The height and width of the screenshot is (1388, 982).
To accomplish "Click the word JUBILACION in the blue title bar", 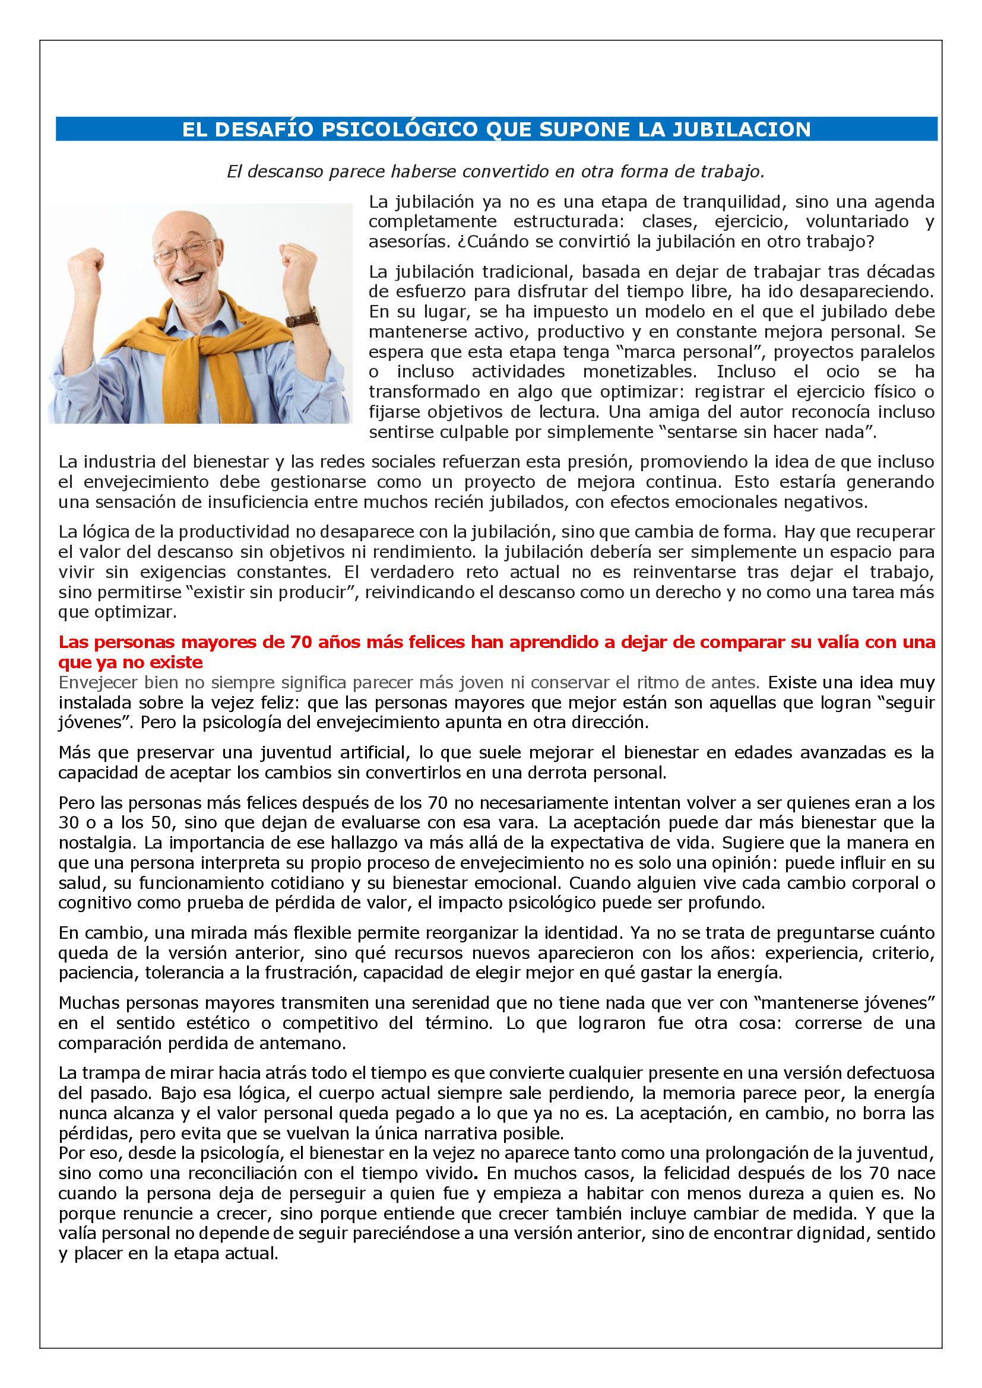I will [751, 129].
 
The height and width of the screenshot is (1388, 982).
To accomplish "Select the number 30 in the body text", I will [69, 822].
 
